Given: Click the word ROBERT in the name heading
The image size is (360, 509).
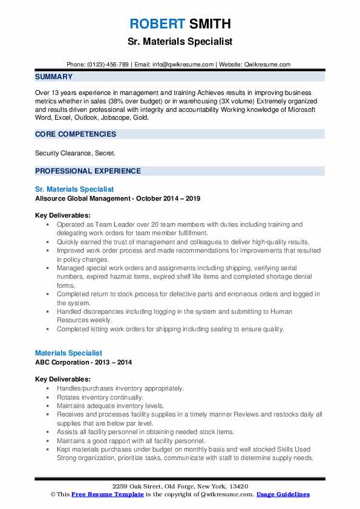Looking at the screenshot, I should click(157, 24).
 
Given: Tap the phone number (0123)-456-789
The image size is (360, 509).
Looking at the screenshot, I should click(107, 64).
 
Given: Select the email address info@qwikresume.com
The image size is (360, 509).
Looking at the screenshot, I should click(183, 64).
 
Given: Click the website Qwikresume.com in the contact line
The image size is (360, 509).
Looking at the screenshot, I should click(267, 64).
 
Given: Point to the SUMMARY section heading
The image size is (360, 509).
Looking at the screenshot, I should click(54, 77).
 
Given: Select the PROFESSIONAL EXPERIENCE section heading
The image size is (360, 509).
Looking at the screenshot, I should click(88, 171).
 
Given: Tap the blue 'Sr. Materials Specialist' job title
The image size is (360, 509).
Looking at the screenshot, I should click(74, 189).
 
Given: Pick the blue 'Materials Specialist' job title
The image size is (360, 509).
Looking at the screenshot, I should click(68, 352).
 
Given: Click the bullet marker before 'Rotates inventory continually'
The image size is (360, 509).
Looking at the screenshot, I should click(47, 398).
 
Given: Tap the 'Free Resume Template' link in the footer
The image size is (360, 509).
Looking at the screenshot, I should click(108, 494).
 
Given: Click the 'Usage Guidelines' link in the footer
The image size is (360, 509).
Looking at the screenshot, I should click(283, 494).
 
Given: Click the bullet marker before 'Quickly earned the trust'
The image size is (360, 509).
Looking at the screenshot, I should click(47, 241).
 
